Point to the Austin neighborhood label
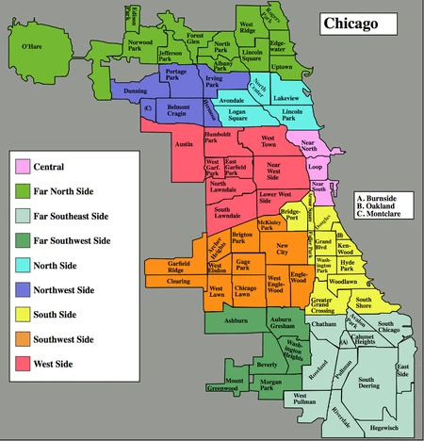point(186,144)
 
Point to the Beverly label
point(268,362)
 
